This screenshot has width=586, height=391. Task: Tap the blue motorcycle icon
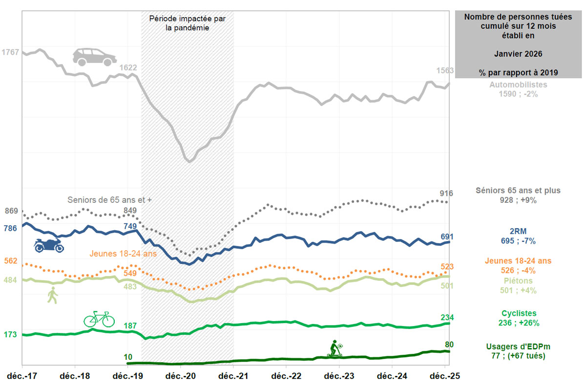pos(49,245)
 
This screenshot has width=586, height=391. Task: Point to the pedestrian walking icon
pos(52,295)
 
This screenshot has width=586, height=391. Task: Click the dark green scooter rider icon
pos(335,349)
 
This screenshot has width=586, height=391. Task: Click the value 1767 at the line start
pos(10,52)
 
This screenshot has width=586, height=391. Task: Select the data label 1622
pos(127,67)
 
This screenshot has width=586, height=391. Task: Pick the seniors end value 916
pos(446,194)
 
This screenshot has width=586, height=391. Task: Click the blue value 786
pos(10,228)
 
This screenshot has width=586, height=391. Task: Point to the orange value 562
pos(10,261)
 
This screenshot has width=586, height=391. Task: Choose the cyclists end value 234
pos(446,317)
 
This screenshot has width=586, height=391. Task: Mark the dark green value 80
pos(449,345)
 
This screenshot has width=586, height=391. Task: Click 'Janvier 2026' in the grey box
pos(518,53)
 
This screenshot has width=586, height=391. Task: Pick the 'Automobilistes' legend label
pos(518,85)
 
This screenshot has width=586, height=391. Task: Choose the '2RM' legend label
pos(518,231)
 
